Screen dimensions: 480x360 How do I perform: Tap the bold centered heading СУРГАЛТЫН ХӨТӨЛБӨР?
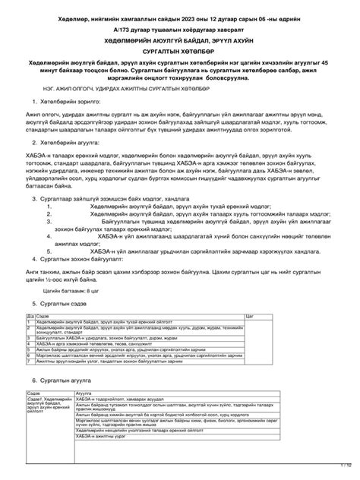pyautogui.click(x=180, y=51)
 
